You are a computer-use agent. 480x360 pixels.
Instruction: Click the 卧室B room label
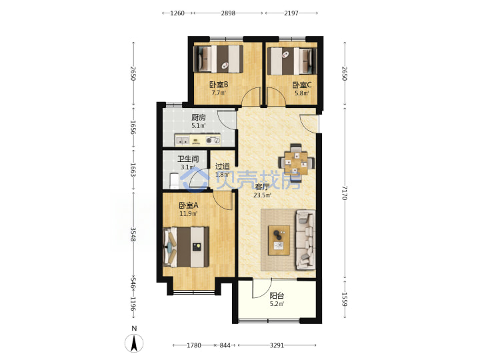tap(219, 84)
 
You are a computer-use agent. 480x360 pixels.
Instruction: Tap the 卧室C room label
tap(302, 85)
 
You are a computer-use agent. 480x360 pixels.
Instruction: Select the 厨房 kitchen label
tap(199, 117)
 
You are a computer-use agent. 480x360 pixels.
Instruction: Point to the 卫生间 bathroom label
tap(188, 159)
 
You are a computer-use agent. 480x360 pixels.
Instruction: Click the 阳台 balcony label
tap(277, 296)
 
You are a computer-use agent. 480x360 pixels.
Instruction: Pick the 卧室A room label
tap(189, 205)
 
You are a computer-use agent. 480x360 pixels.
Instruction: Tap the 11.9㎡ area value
tap(188, 214)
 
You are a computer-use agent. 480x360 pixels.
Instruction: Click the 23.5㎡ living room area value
tap(263, 195)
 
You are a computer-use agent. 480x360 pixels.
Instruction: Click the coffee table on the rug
tap(279, 240)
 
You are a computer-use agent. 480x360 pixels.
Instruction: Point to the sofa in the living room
tap(305, 240)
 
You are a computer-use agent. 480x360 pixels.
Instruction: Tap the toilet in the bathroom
tap(174, 181)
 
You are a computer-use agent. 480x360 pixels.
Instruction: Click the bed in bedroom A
tap(186, 247)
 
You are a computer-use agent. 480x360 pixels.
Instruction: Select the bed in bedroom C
tap(292, 61)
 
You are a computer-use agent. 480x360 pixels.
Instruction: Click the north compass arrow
tap(134, 343)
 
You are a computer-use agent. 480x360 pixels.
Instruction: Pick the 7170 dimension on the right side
tap(345, 193)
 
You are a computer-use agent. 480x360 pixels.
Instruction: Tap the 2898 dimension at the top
tap(228, 13)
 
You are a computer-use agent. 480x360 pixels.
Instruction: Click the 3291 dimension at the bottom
tap(277, 345)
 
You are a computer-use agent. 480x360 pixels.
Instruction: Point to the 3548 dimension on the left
tap(133, 234)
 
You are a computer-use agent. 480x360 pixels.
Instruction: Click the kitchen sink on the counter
tap(182, 141)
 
